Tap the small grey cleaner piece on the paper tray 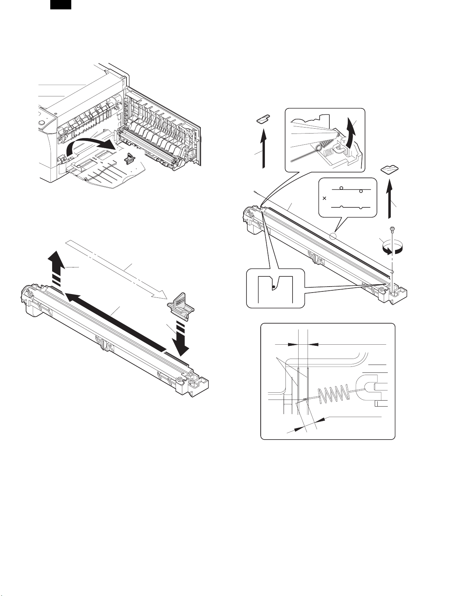click(x=129, y=159)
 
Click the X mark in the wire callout click(x=324, y=198)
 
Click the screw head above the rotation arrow click(x=391, y=228)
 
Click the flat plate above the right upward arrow click(x=390, y=170)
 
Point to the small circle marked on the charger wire click(x=333, y=236)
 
